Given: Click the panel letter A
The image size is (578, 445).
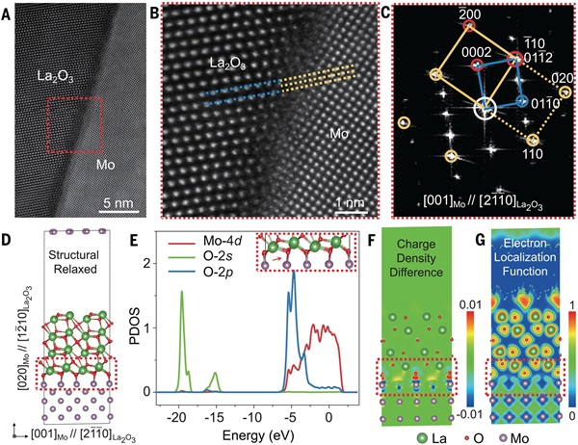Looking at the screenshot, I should [x=8, y=12].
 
